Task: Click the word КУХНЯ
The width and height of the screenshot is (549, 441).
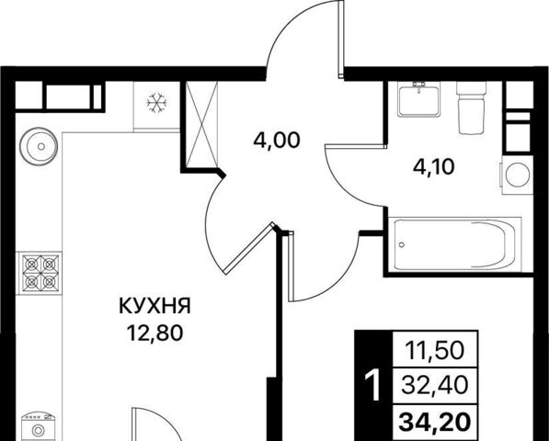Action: coord(154,306)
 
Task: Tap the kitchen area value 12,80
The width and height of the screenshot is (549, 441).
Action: coord(154,333)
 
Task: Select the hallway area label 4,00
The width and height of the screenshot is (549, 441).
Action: coord(277,141)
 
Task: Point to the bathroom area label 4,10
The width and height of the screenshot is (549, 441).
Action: coord(433,166)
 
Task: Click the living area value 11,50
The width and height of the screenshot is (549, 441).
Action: coord(435,350)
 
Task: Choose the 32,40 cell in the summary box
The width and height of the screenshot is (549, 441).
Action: coord(434,385)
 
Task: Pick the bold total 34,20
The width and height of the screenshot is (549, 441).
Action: coord(434,422)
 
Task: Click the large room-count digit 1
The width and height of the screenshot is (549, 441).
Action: coord(372,385)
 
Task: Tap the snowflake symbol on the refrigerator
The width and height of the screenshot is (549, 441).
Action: coord(157,103)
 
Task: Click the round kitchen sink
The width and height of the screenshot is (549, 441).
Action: coord(39,146)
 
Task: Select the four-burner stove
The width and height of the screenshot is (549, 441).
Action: coord(40,273)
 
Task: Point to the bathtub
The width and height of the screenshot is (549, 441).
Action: coord(454,244)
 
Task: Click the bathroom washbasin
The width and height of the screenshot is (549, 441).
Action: coord(418,99)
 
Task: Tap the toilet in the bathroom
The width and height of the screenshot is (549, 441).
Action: coord(471,107)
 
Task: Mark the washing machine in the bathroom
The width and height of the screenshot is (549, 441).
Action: coord(517,175)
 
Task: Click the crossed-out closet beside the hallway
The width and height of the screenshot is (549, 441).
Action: coord(201,125)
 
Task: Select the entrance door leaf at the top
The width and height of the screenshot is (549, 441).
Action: coord(341,39)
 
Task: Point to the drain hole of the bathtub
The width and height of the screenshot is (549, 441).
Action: coord(401,244)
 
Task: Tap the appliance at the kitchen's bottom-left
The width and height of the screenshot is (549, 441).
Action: coord(39,426)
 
